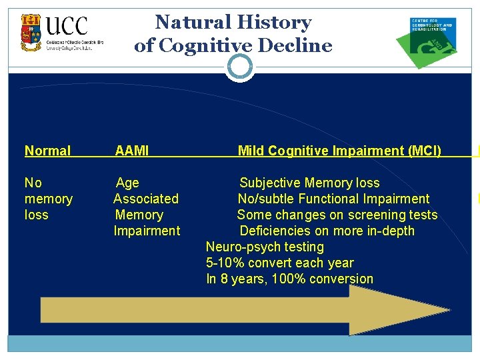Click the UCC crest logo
30,33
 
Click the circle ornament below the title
240,66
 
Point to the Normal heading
47,151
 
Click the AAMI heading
132,151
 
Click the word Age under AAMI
127,183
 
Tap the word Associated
146,199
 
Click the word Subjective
270,183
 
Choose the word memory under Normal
48,199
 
